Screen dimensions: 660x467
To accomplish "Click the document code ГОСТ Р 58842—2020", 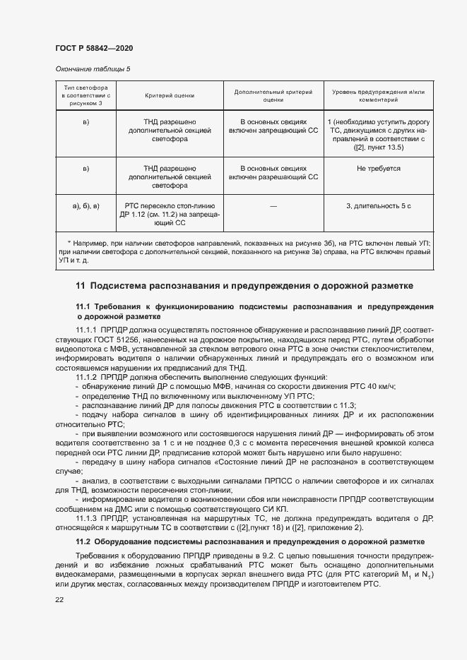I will coord(93,48).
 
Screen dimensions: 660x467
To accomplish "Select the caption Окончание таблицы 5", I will coord(93,68).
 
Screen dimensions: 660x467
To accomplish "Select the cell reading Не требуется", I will coord(378,169).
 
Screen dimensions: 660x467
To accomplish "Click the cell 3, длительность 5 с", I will coord(378,205).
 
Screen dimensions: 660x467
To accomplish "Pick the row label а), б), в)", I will coord(86,205).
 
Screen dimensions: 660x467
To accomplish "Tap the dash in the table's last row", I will coord(273,205).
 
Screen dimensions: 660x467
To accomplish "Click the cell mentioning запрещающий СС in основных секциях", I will coord(273,126).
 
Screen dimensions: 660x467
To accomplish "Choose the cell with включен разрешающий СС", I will coord(273,173).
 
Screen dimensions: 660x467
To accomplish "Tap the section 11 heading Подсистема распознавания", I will coord(244,286).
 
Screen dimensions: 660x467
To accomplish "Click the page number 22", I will coord(59,599).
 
